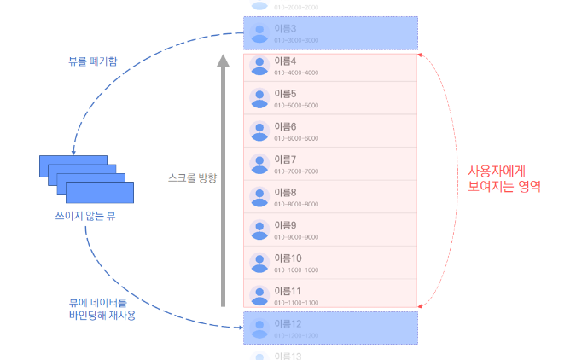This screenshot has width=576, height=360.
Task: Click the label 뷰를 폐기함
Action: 94,61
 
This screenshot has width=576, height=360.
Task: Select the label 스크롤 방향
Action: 192,177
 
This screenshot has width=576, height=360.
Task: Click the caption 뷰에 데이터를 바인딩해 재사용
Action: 102,309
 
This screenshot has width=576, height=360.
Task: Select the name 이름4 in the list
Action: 286,61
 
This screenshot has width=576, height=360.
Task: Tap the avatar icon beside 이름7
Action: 259,165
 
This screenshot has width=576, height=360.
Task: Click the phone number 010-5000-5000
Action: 296,106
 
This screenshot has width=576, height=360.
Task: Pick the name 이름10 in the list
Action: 288,258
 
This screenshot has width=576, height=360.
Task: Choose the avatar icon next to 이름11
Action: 259,296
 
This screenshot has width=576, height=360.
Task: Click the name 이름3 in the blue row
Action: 286,29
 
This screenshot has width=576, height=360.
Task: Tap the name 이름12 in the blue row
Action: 288,324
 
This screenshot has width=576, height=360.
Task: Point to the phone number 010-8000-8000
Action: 296,205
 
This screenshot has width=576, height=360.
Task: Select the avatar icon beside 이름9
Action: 259,230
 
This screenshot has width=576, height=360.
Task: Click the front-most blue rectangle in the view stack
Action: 100,192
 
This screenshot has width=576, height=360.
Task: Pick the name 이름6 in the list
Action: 286,126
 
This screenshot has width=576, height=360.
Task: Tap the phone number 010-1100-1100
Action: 296,303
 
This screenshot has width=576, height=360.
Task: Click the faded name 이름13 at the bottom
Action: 288,355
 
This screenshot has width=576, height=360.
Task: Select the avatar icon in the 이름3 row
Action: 259,33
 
